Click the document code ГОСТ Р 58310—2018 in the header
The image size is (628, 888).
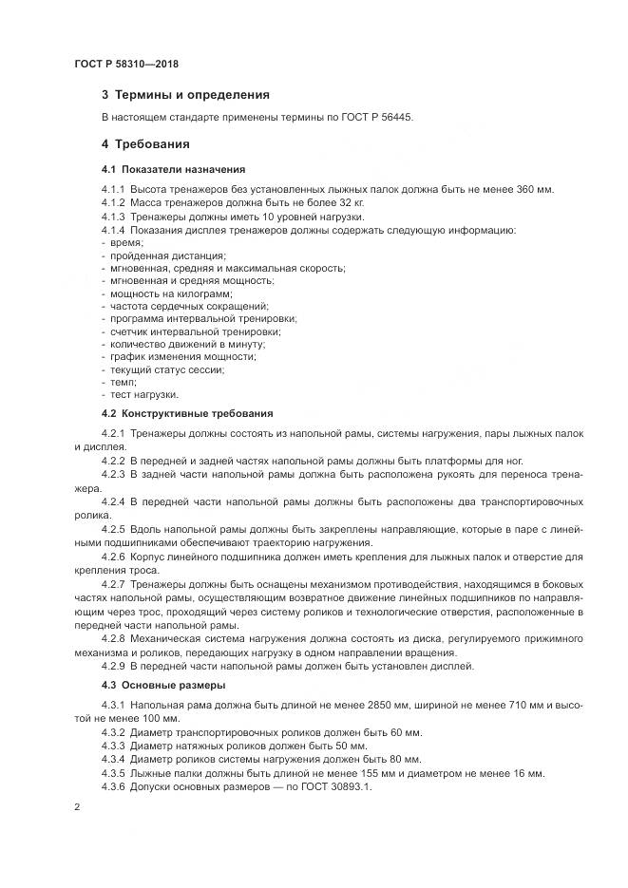pyautogui.click(x=126, y=64)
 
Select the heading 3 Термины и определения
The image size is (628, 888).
pyautogui.click(x=185, y=95)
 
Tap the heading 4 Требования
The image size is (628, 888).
pyautogui.click(x=145, y=144)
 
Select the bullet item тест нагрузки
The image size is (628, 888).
pyautogui.click(x=143, y=394)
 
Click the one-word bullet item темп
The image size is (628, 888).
pyautogui.click(x=124, y=381)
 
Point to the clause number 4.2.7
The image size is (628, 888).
pyautogui.click(x=112, y=582)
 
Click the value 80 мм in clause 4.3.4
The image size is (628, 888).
pyautogui.click(x=377, y=759)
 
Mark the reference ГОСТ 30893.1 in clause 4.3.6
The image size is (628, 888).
pyautogui.click(x=334, y=786)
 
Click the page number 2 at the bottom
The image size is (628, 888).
pyautogui.click(x=75, y=807)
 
